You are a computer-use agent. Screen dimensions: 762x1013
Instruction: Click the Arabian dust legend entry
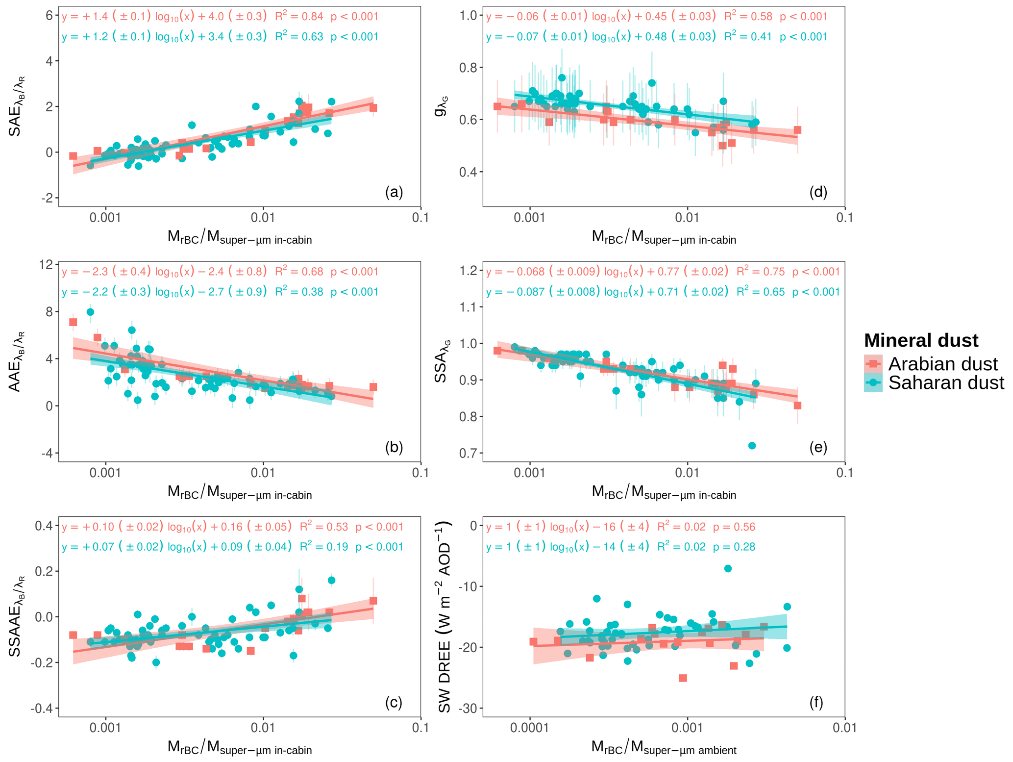[942, 364]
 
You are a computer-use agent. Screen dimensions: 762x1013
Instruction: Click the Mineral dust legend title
[921, 340]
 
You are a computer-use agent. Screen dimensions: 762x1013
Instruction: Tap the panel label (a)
[394, 192]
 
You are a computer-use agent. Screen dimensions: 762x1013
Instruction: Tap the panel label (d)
[818, 192]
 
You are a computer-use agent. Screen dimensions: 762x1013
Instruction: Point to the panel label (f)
[816, 703]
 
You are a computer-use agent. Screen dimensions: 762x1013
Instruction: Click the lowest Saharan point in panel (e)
[752, 446]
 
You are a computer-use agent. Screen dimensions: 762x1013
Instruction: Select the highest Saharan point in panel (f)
[728, 568]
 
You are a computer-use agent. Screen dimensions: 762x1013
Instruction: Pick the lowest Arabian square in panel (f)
[683, 678]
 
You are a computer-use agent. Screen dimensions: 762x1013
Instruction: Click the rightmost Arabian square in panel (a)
[373, 108]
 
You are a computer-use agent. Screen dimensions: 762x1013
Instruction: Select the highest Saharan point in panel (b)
[90, 312]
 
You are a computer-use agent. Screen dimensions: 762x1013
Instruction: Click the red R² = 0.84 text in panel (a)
[299, 16]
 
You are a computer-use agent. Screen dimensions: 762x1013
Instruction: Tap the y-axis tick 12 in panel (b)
[47, 265]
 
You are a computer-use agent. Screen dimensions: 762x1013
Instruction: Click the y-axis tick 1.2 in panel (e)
[469, 271]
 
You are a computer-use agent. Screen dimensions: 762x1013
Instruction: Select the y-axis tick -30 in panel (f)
[467, 709]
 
